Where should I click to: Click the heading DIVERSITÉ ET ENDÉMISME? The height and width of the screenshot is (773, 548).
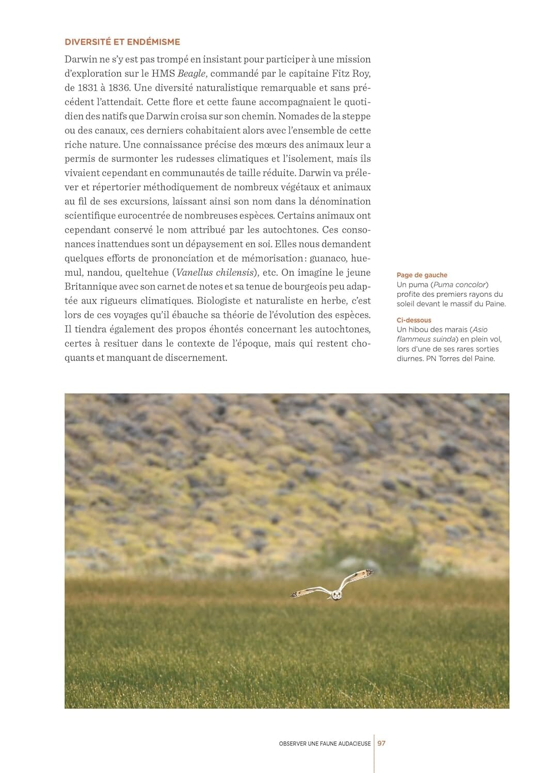coord(122,42)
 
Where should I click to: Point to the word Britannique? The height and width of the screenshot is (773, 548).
coord(90,287)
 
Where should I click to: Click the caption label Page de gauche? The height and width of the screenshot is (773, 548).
coord(422,275)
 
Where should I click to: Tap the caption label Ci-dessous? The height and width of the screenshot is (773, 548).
coord(414,320)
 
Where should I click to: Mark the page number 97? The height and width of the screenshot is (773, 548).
coord(382,743)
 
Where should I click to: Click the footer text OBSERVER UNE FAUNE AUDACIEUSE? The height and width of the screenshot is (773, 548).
coord(325,744)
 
